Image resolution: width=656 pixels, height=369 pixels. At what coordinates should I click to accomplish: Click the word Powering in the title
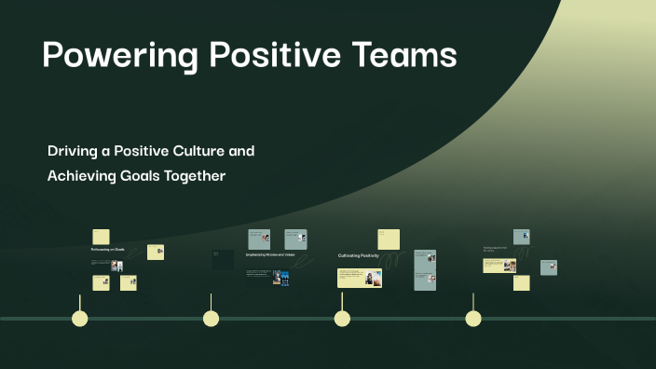[x=118, y=56]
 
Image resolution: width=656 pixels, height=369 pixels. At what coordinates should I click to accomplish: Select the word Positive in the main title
[x=270, y=56]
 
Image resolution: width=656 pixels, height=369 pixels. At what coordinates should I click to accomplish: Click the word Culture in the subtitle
[x=203, y=151]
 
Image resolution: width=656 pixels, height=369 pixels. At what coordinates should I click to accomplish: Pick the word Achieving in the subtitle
[x=84, y=175]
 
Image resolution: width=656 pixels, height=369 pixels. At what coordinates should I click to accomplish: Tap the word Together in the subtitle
[x=197, y=175]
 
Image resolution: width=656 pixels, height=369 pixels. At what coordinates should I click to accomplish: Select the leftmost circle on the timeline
[x=80, y=319]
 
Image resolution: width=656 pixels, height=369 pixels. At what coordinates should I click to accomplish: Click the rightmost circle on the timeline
[x=473, y=319]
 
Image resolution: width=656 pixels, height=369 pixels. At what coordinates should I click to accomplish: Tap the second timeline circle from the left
[x=212, y=319]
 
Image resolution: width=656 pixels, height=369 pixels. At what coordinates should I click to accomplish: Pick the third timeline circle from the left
[x=342, y=319]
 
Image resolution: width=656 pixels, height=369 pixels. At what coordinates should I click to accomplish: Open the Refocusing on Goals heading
[x=107, y=250]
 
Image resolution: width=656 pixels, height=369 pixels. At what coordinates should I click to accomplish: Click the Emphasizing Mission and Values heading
[x=269, y=254]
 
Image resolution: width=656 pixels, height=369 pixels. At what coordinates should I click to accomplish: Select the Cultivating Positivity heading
[x=358, y=255]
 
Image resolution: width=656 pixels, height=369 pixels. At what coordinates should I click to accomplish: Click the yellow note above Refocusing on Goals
[x=101, y=237]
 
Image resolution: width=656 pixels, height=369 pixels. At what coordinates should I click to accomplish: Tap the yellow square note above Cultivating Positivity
[x=389, y=239]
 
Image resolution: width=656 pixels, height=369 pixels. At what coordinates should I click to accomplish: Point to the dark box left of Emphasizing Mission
[x=223, y=260]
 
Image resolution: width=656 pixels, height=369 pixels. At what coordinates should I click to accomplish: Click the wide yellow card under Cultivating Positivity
[x=360, y=279]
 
